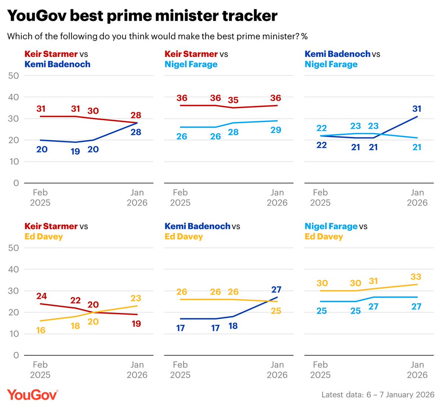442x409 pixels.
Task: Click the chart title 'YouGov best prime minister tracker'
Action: (x=142, y=16)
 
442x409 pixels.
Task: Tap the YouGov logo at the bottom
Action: (x=32, y=394)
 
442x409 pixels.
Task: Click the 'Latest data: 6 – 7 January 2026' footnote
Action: (x=378, y=395)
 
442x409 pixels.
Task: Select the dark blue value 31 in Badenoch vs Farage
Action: (x=417, y=109)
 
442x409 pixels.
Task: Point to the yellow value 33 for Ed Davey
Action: (x=416, y=277)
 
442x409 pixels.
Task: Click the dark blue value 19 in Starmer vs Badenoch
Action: (x=75, y=151)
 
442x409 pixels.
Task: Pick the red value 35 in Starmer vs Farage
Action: (x=233, y=100)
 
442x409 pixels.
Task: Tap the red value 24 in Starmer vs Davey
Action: (x=41, y=296)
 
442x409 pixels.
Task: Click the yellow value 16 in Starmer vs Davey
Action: (x=41, y=330)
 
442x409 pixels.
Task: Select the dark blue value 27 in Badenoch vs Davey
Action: (x=276, y=289)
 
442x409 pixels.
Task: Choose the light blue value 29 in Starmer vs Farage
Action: (x=276, y=130)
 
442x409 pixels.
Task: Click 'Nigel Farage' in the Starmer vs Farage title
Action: (x=191, y=64)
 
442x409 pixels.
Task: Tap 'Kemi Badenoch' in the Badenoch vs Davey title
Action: (x=197, y=226)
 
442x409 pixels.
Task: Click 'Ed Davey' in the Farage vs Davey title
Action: (x=323, y=236)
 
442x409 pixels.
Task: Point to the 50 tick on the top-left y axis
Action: (x=13, y=76)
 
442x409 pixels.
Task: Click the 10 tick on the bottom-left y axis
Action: (x=13, y=334)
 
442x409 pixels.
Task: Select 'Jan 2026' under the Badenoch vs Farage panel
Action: (x=417, y=198)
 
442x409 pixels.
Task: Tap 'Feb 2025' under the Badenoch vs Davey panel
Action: (x=180, y=370)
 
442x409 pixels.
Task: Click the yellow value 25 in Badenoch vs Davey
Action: (x=276, y=311)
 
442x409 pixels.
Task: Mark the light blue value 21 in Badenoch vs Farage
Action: (x=417, y=147)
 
